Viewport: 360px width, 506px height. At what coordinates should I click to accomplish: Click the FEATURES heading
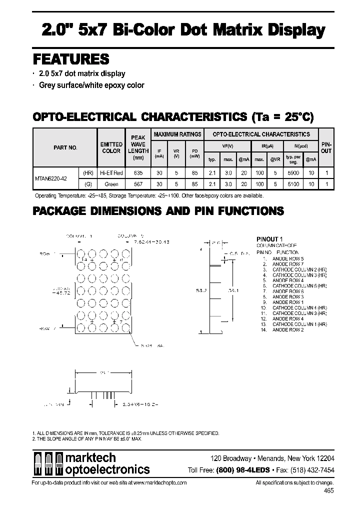click(x=71, y=59)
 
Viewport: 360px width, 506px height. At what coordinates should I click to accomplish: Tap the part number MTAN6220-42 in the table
click(x=52, y=178)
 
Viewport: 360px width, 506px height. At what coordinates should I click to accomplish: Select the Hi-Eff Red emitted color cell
click(x=111, y=173)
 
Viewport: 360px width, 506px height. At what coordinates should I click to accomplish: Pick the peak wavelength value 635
click(x=137, y=173)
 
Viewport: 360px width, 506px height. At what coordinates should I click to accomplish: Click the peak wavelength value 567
click(x=137, y=184)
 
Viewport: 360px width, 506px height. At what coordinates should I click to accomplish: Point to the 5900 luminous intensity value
click(x=291, y=173)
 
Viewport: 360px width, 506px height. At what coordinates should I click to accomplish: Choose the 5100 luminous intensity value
click(x=291, y=184)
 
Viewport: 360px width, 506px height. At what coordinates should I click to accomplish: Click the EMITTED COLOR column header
click(x=111, y=147)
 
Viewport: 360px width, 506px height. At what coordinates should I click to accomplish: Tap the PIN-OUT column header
click(x=326, y=147)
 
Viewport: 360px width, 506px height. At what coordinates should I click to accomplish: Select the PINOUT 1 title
click(x=270, y=239)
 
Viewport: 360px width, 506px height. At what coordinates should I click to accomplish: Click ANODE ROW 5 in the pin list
click(x=288, y=258)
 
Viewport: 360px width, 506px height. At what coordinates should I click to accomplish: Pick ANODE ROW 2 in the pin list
click(x=288, y=330)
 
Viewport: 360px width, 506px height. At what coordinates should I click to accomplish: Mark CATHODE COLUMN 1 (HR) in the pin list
click(x=299, y=324)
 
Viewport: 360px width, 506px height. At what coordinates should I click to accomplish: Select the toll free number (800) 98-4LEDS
click(x=242, y=470)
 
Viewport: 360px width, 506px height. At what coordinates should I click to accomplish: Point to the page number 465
click(x=329, y=491)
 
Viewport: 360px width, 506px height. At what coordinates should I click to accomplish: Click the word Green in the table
click(x=111, y=184)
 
